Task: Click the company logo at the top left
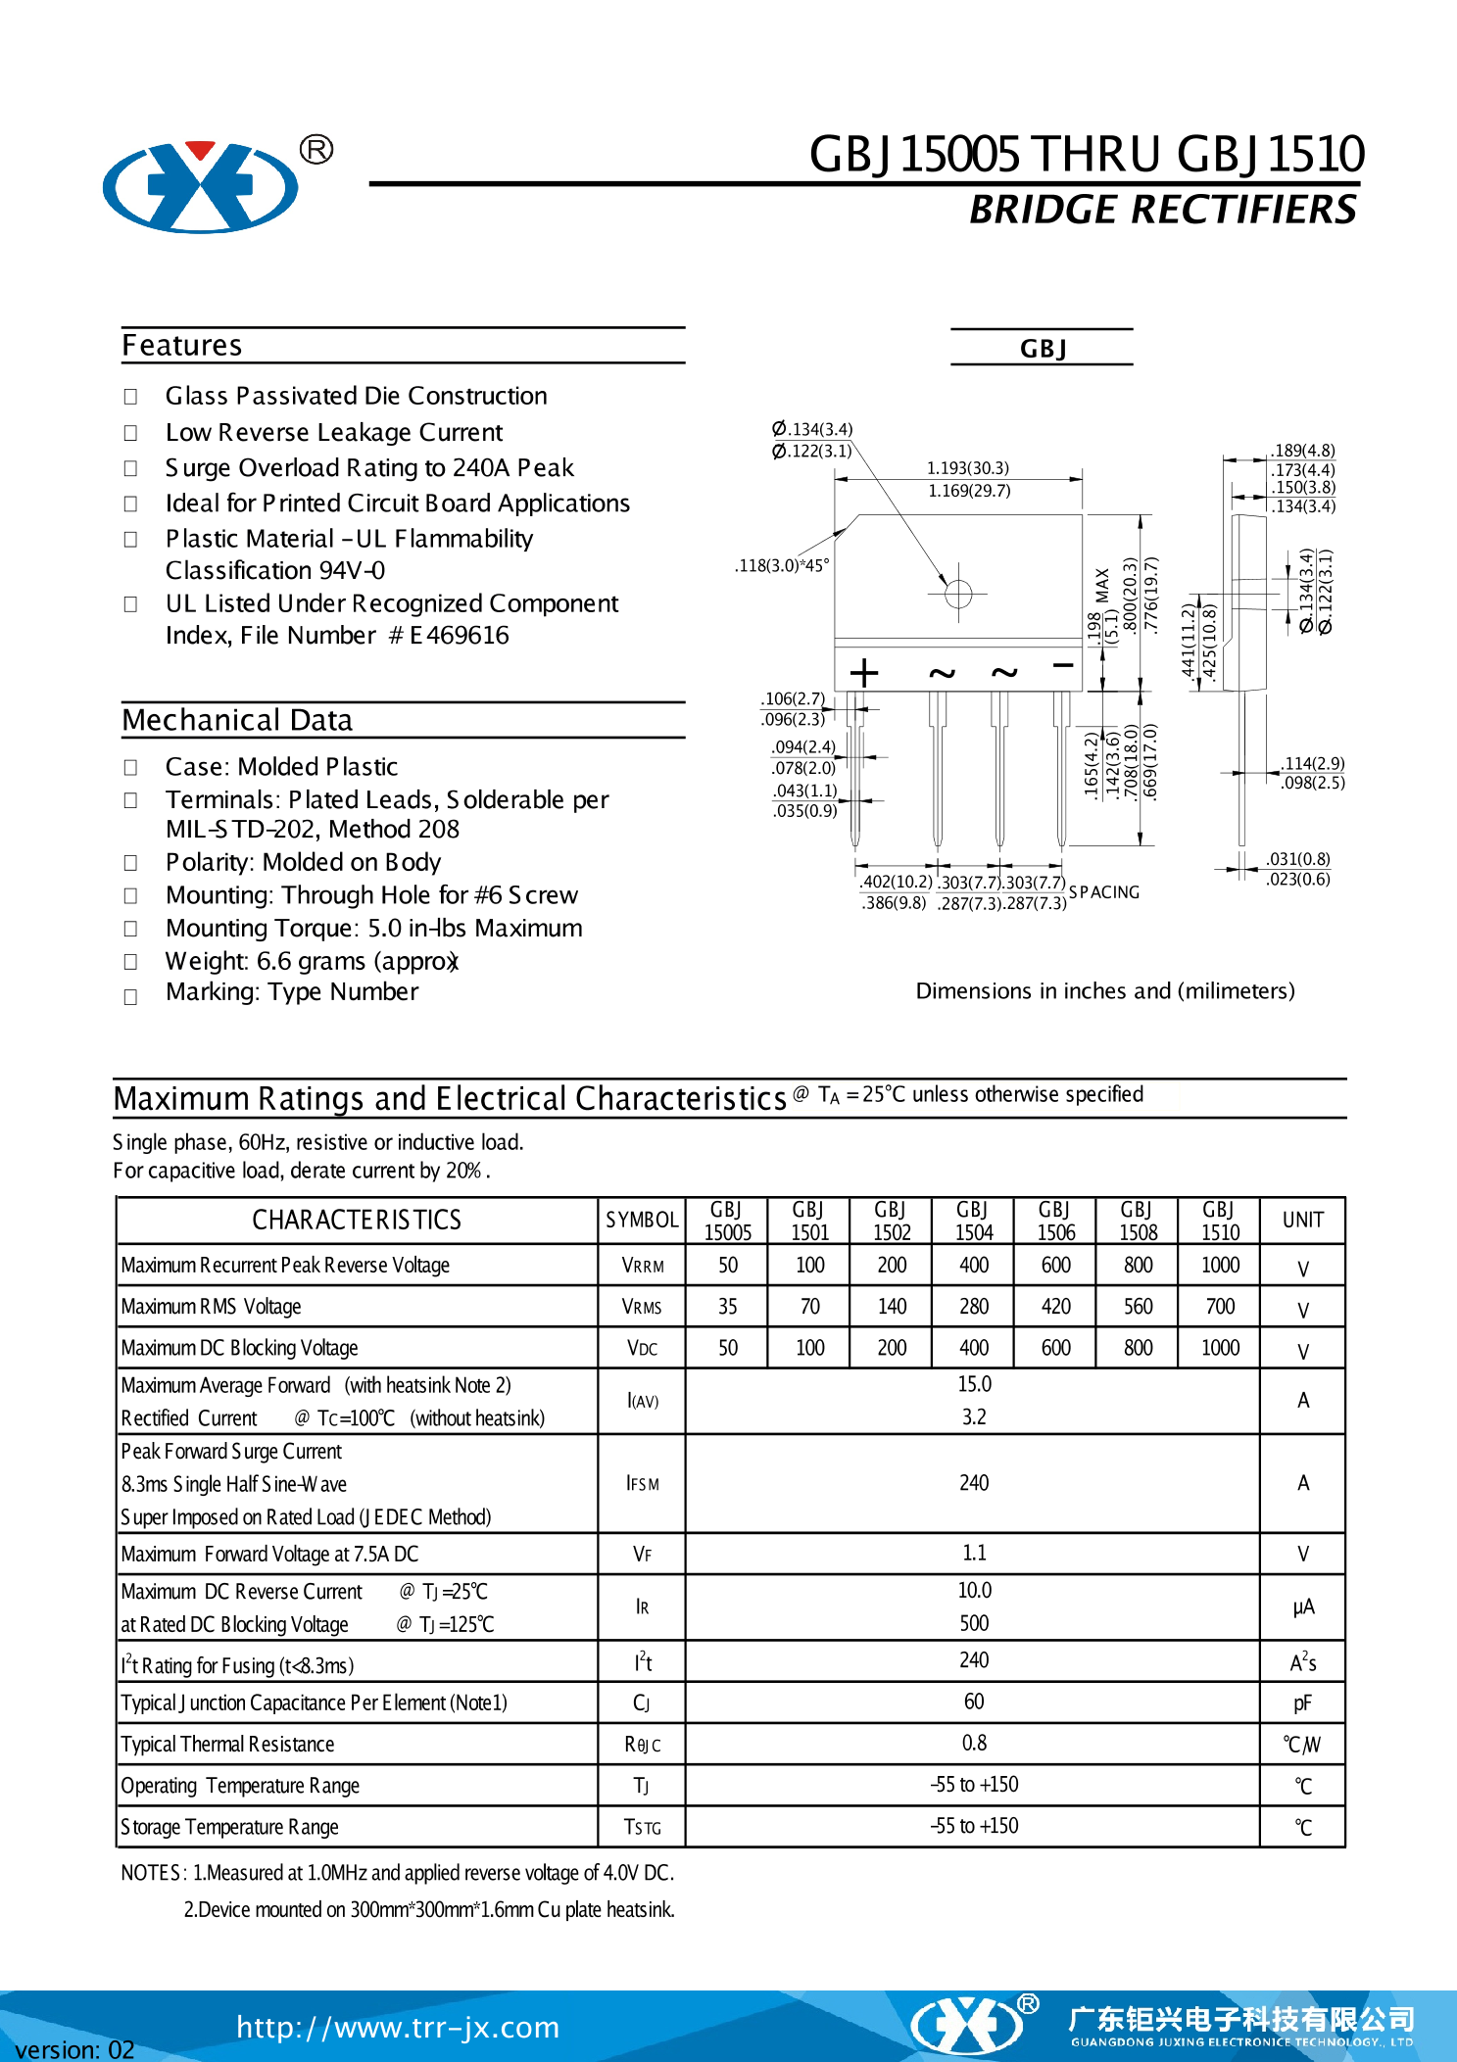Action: coord(202,186)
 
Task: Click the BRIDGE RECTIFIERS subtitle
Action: coord(1162,210)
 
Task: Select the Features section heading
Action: coord(182,346)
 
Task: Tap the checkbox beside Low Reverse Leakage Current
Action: coord(130,433)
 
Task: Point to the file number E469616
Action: coord(460,636)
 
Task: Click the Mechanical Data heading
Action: coord(237,721)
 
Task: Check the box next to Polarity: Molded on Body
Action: coord(130,863)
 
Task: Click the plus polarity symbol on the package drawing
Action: coord(863,673)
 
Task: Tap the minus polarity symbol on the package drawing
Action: coord(1063,666)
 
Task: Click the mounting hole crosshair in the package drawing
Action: coord(958,594)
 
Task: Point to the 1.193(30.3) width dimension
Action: coord(968,468)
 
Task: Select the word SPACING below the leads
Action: coord(1104,892)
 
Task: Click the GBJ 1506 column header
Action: coord(1055,1221)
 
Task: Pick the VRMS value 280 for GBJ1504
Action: coord(974,1307)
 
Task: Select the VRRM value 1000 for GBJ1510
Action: coord(1220,1266)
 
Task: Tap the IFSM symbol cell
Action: coord(642,1484)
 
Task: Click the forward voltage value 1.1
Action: coord(974,1554)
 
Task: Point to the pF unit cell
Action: coord(1302,1703)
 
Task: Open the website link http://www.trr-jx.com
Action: coord(398,2027)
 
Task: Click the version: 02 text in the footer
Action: coord(74,2049)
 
